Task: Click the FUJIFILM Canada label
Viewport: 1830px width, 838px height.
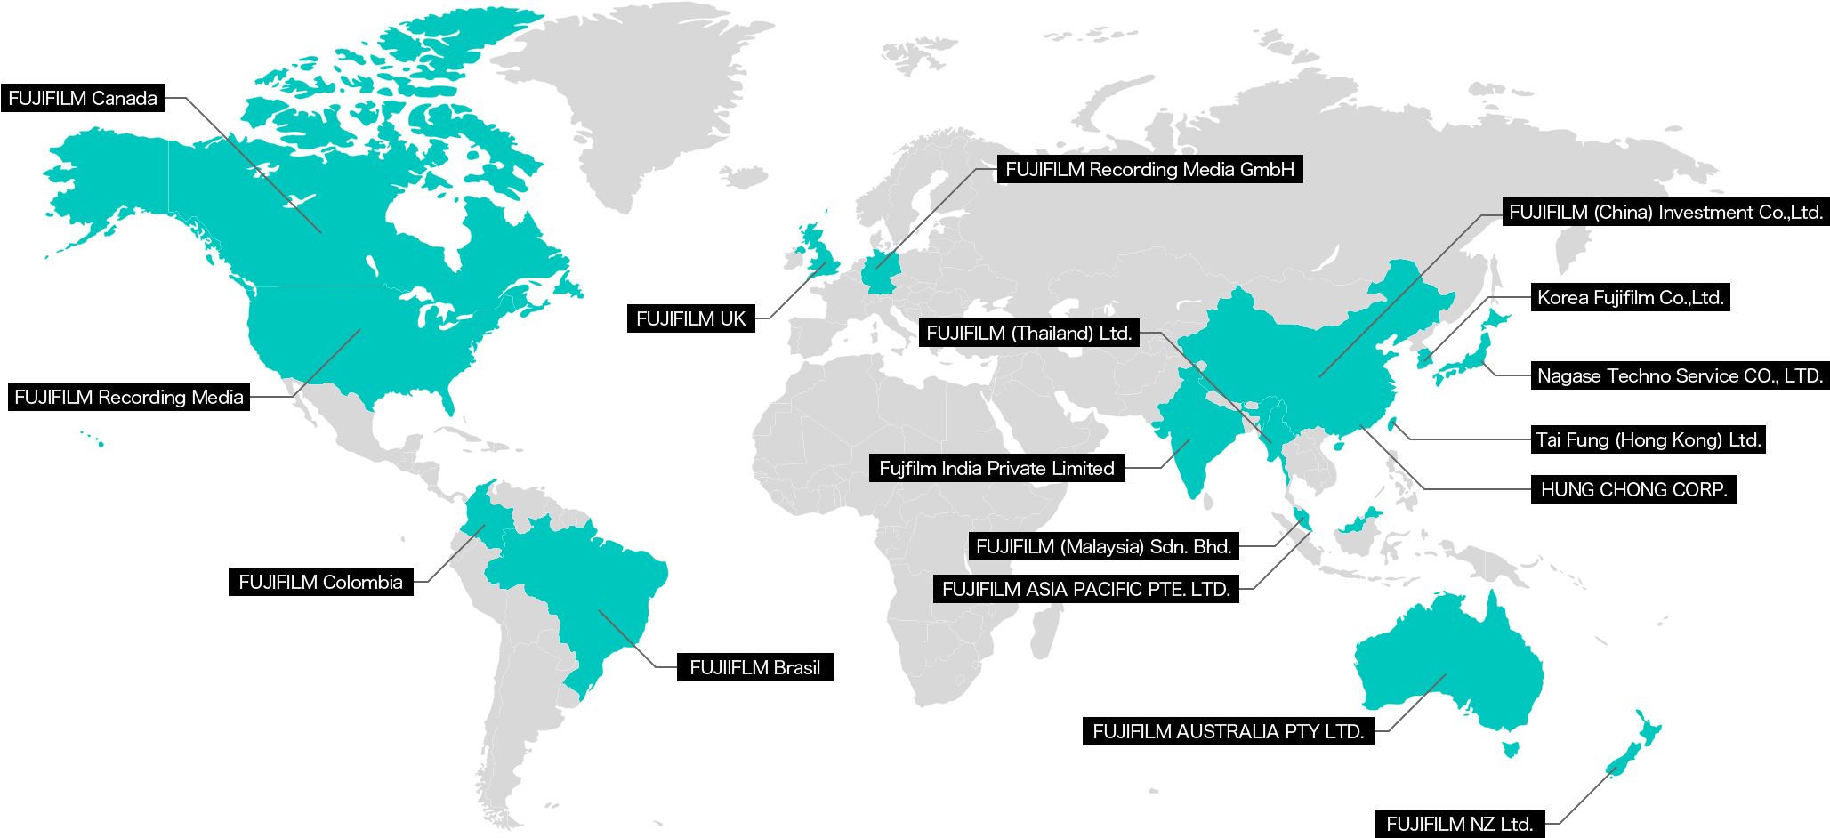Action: [83, 99]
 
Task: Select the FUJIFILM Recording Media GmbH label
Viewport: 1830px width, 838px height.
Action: [1149, 170]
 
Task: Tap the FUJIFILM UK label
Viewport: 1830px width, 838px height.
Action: [690, 319]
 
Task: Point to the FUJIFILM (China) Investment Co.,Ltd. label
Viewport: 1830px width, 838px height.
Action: [1665, 213]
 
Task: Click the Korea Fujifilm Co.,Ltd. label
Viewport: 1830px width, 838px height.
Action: [1630, 298]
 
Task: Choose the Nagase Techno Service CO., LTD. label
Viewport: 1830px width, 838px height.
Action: [1680, 376]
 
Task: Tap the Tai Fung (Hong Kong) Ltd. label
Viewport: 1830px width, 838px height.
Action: [1648, 440]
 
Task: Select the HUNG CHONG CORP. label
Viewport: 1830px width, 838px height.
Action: [1633, 490]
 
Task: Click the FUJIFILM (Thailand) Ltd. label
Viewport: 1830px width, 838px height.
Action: [1028, 334]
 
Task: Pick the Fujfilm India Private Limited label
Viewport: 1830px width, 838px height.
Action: [996, 469]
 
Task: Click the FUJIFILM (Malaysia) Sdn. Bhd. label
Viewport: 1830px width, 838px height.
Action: [1103, 547]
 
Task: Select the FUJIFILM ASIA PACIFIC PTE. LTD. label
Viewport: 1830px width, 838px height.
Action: [1085, 590]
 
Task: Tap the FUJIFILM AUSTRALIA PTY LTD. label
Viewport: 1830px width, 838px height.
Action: [1228, 732]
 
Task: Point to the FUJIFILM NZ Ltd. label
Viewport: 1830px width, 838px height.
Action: [1459, 825]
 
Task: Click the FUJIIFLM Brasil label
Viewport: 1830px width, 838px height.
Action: [754, 668]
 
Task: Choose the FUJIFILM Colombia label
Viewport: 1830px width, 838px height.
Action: [320, 583]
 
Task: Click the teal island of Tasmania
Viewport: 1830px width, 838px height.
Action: [1510, 747]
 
